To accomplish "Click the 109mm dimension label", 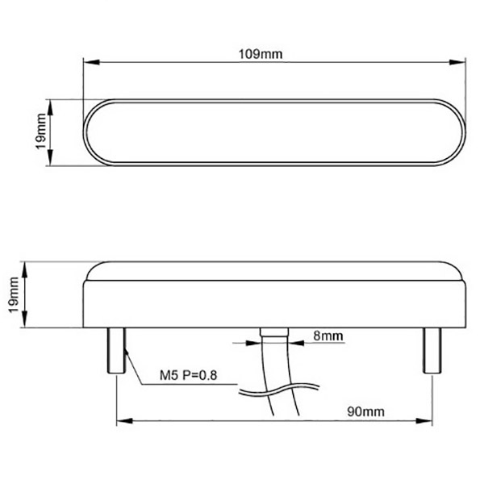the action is (x=261, y=54).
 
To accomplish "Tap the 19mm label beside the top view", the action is (x=41, y=131).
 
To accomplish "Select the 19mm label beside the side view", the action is (x=14, y=295).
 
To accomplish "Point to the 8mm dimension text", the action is (x=328, y=336).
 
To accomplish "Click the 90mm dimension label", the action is (x=365, y=411).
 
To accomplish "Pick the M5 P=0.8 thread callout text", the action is (x=188, y=375).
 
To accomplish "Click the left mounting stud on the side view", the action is (x=116, y=351).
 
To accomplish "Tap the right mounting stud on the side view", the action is (x=432, y=351).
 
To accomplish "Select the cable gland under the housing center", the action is (x=274, y=332).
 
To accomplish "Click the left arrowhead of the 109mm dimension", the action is (x=91, y=62).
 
